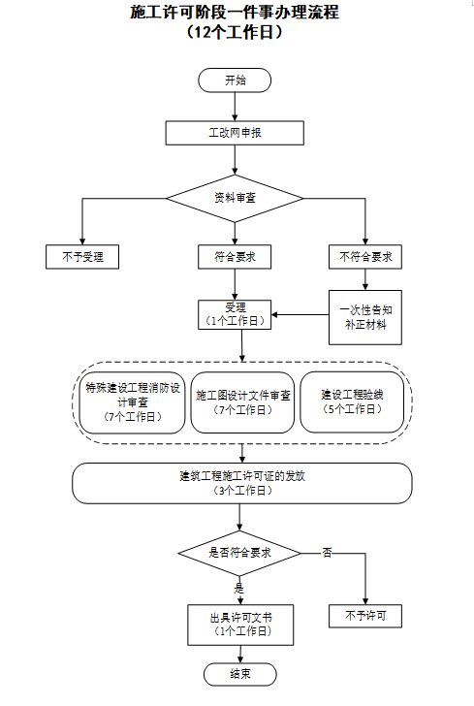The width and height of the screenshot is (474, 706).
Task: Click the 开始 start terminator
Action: coord(235,80)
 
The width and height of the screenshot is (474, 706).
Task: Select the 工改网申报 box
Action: coord(235,133)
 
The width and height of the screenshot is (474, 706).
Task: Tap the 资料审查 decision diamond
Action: coord(235,198)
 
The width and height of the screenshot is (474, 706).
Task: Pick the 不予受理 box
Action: coord(82,257)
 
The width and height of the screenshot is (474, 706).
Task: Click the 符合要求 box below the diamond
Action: coord(235,257)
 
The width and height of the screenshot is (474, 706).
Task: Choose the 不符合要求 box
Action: coord(365,257)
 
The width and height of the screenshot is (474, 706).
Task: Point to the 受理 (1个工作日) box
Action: coord(235,314)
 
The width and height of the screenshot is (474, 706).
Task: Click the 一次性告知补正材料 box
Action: coord(365,317)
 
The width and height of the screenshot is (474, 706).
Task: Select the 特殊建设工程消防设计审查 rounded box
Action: coord(133,402)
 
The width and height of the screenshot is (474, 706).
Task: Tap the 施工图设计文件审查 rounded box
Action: coord(242,402)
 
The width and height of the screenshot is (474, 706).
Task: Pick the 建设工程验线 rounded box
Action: coord(352,402)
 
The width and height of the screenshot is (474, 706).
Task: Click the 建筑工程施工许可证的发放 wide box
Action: coord(242,483)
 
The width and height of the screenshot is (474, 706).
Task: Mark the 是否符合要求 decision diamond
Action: coord(239,553)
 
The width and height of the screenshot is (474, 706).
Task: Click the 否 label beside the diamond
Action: coord(328,553)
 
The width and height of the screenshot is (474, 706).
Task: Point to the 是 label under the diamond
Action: coord(238,588)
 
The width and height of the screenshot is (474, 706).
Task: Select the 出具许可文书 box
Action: coord(240,625)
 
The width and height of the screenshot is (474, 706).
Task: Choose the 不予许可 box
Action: coord(365,616)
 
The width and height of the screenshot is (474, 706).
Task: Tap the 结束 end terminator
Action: coord(240,674)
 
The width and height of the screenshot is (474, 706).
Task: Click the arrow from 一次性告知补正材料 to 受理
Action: coord(300,315)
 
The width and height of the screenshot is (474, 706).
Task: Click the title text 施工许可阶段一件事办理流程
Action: coord(235,13)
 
